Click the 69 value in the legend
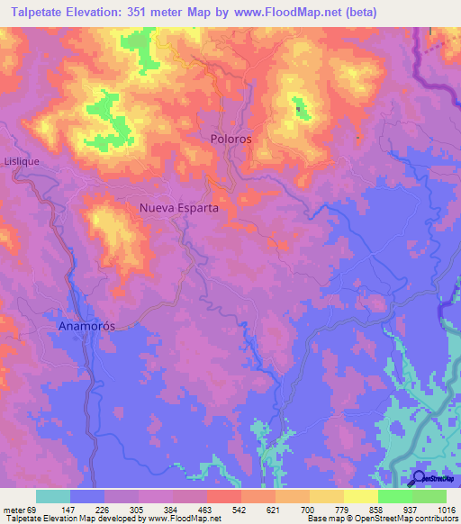pos(32,509)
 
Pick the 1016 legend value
pos(446,509)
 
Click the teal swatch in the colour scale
pos(53,496)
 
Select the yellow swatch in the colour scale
pos(360,496)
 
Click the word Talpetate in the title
pos(35,13)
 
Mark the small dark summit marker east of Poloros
pos(298,110)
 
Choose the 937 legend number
pos(411,509)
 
